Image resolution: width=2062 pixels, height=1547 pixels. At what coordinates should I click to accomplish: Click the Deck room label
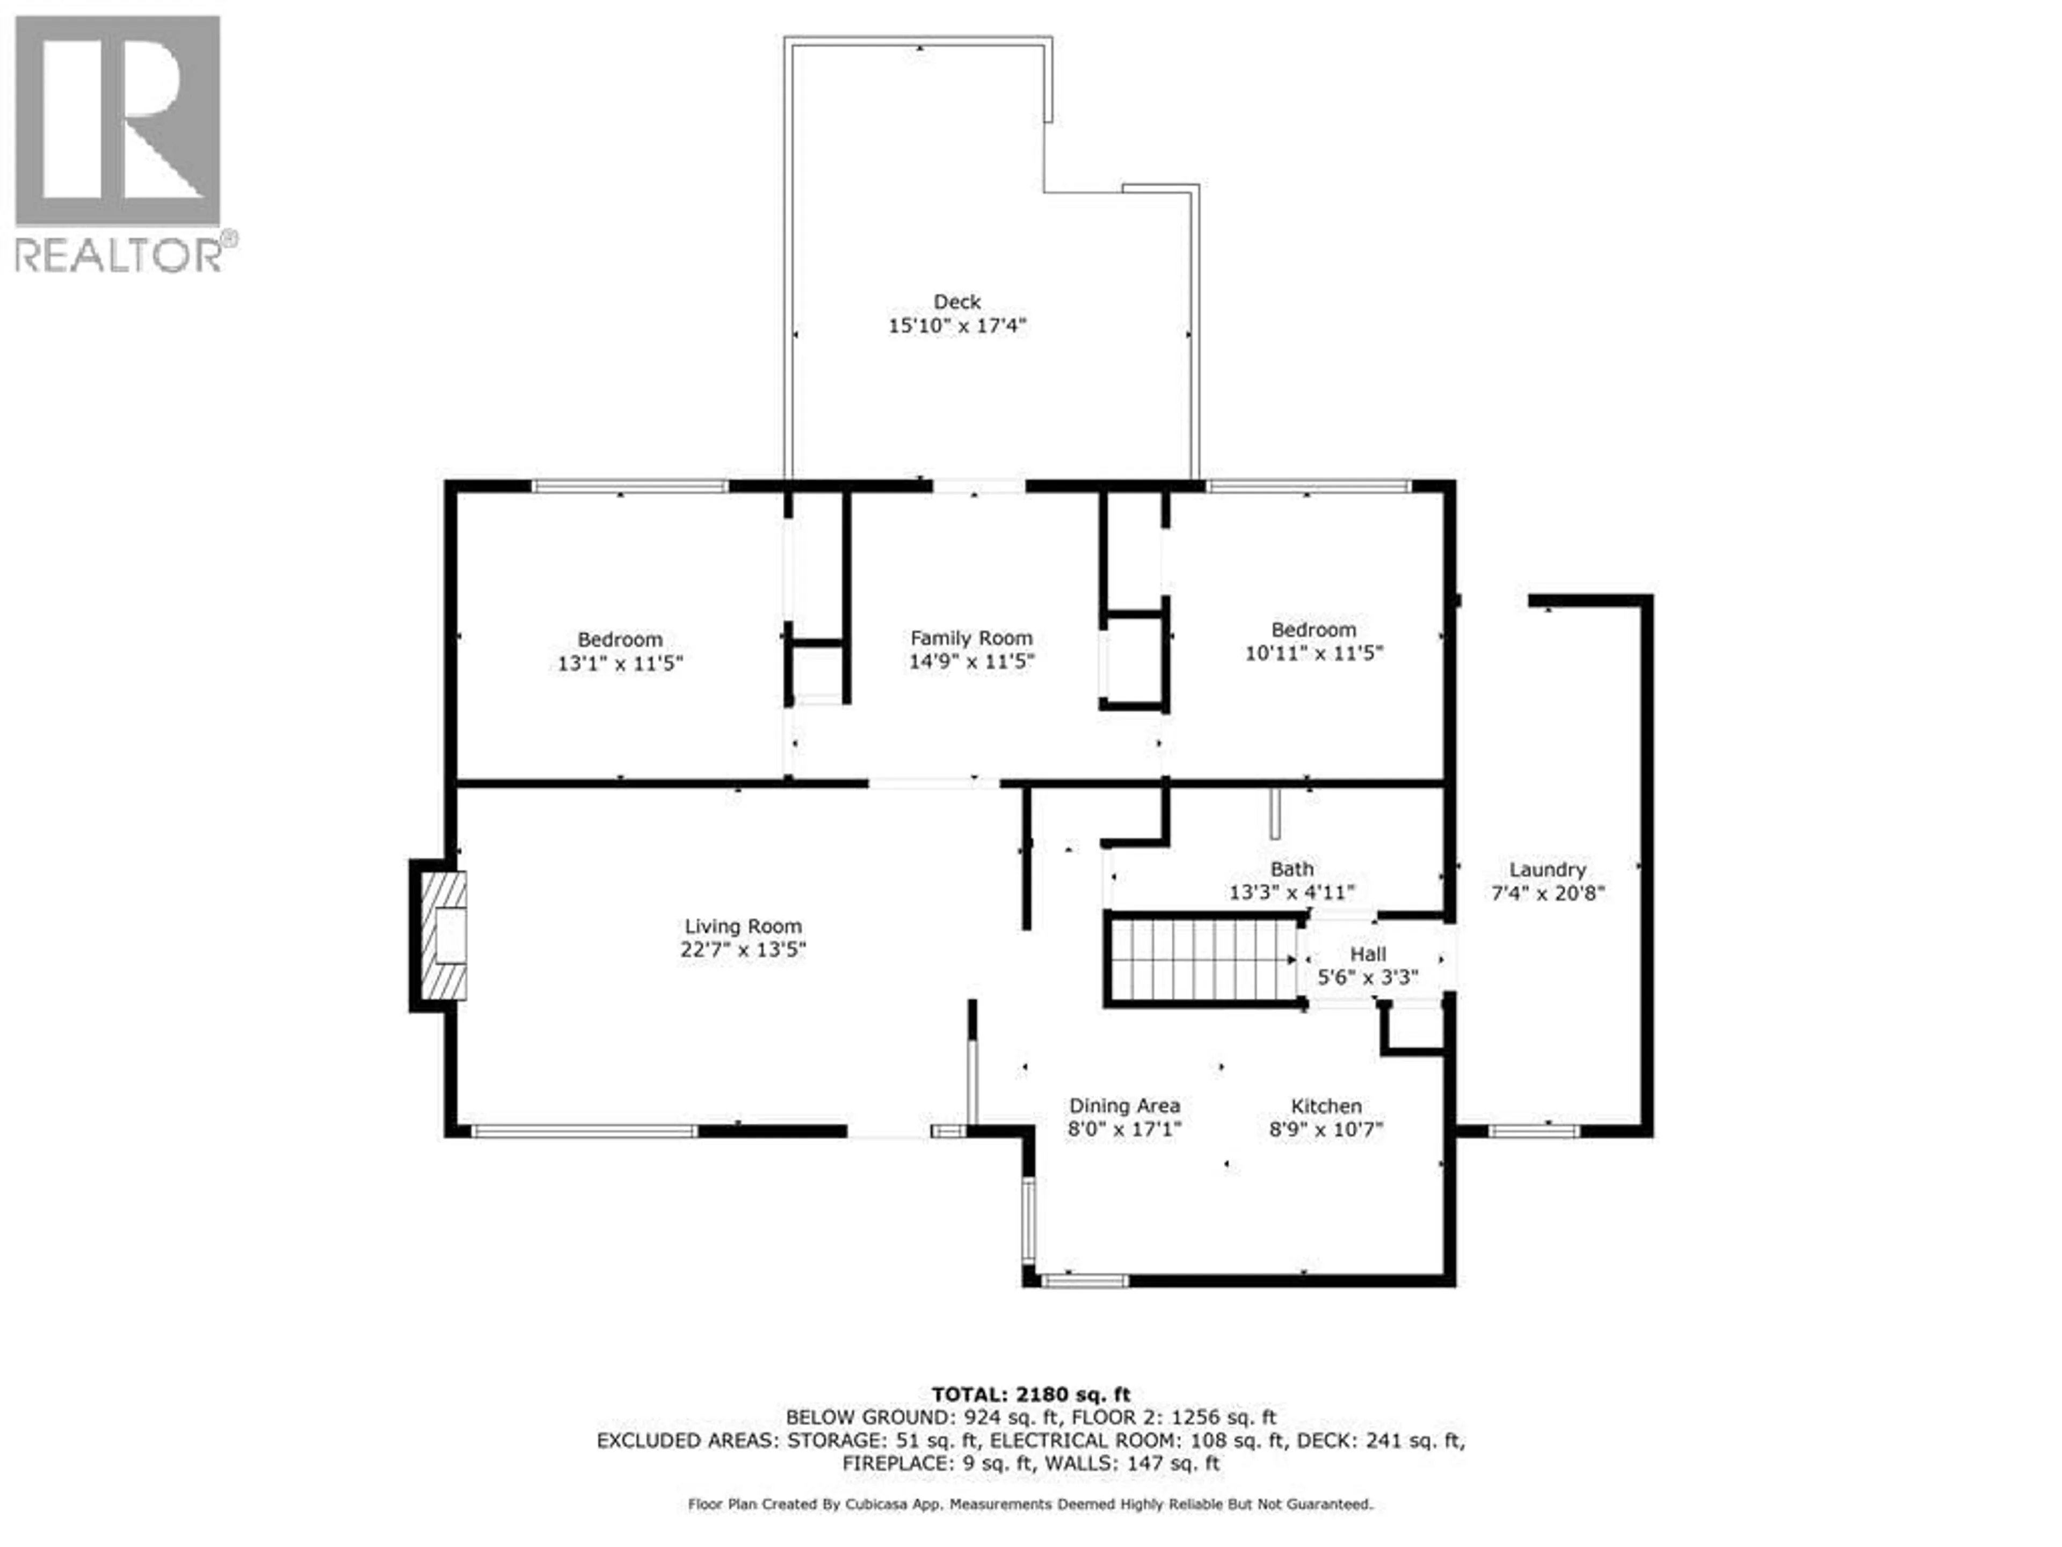point(957,302)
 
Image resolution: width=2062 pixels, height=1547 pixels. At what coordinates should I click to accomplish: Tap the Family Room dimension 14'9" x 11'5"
point(971,662)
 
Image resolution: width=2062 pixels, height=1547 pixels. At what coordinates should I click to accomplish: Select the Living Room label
point(743,926)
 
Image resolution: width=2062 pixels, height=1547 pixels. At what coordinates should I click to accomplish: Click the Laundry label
point(1548,869)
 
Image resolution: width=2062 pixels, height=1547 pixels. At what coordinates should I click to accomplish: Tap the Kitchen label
point(1326,1106)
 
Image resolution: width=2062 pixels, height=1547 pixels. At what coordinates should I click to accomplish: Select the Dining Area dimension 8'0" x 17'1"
point(1124,1129)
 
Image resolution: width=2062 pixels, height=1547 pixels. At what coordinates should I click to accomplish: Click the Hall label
point(1368,954)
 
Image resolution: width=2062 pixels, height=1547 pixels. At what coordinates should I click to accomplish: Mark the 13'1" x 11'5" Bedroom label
point(620,640)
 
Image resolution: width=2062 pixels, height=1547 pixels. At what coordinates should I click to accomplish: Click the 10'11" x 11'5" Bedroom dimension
point(1313,653)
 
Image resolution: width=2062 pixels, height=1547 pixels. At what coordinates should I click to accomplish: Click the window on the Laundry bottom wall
point(1534,1132)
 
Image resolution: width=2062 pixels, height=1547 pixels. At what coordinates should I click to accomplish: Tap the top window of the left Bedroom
point(630,486)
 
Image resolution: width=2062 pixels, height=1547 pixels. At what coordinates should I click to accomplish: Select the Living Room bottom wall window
point(584,1132)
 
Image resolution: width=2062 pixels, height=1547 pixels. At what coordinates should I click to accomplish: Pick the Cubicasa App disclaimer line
point(1030,1504)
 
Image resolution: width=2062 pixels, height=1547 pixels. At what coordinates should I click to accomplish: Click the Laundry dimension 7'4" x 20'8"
point(1548,893)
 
